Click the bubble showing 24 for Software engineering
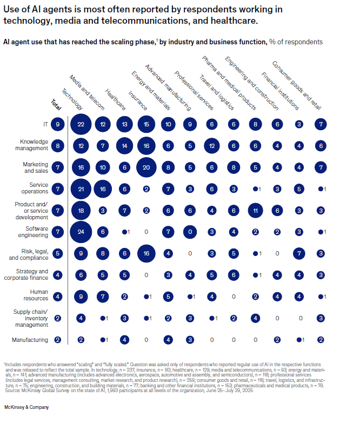pyautogui.click(x=81, y=231)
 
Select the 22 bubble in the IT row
pyautogui.click(x=81, y=125)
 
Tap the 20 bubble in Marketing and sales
pyautogui.click(x=146, y=167)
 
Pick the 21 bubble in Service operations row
pyautogui.click(x=81, y=189)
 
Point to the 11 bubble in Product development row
pyautogui.click(x=255, y=210)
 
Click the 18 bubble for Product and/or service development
pyautogui.click(x=81, y=210)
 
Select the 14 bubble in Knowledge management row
pyautogui.click(x=124, y=146)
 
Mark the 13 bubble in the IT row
pyautogui.click(x=124, y=125)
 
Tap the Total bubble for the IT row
pyautogui.click(x=58, y=125)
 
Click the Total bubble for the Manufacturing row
pyautogui.click(x=58, y=340)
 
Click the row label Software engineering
pyautogui.click(x=34, y=231)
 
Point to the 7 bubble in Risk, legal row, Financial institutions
pyautogui.click(x=298, y=253)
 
